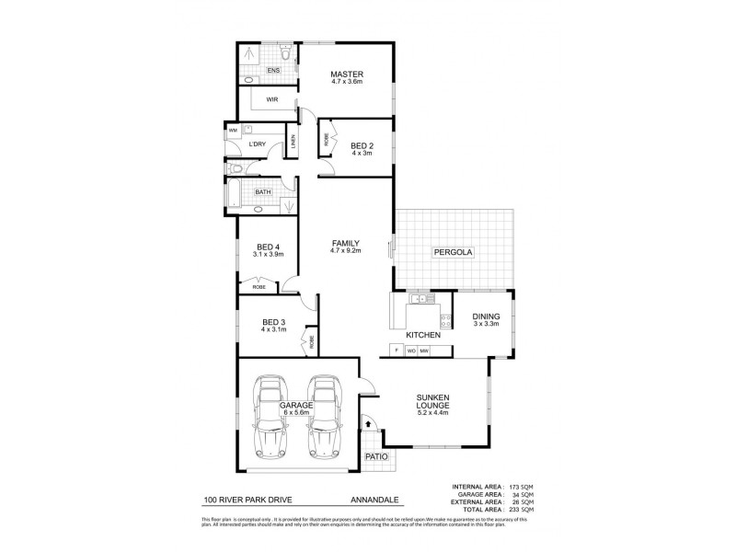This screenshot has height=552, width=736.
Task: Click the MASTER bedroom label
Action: coord(348,75)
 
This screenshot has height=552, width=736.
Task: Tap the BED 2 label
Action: coord(362,144)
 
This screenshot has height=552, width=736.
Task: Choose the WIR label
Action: coord(272,98)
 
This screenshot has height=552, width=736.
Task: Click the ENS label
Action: coord(273,71)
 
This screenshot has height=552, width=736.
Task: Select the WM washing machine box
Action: coord(233,132)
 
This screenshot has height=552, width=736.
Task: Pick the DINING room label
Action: coord(486,316)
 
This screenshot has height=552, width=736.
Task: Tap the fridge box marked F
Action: coord(395,350)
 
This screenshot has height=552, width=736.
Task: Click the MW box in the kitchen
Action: coord(424,350)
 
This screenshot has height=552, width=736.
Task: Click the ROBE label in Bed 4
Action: coord(260,287)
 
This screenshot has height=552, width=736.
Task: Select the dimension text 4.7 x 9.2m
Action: coord(346,250)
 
